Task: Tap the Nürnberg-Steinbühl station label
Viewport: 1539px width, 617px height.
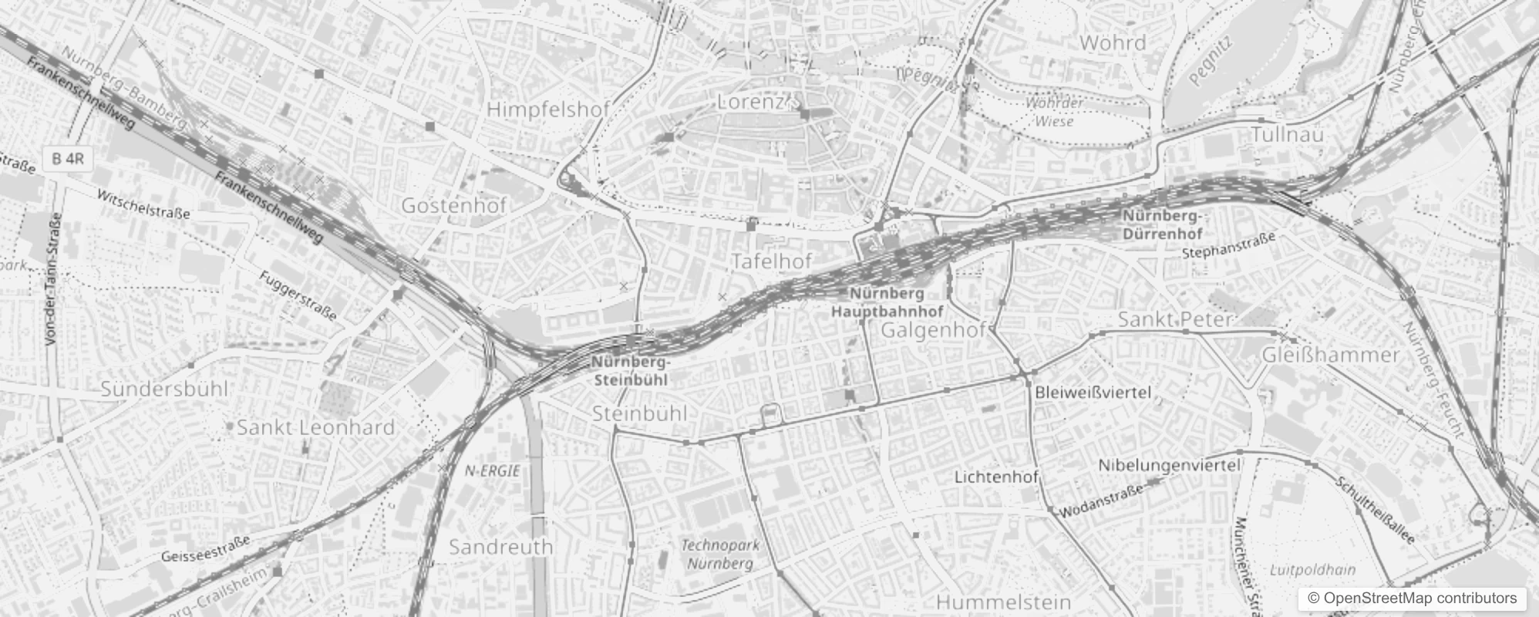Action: point(631,371)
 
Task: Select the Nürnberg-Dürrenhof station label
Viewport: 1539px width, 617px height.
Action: point(1162,224)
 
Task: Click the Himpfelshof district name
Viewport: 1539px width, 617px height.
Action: point(548,109)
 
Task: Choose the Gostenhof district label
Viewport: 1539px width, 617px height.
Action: point(453,205)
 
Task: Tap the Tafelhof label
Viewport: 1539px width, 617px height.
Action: point(772,261)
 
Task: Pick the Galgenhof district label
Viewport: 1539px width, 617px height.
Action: point(934,331)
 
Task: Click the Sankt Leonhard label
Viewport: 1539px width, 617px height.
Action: point(315,427)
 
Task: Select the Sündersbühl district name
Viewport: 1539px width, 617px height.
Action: point(164,388)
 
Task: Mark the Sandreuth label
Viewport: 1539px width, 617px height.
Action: point(500,547)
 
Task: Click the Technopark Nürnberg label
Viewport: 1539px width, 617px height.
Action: point(719,555)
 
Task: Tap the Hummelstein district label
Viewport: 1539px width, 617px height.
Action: point(1003,602)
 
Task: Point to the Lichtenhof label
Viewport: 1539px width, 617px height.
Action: point(996,477)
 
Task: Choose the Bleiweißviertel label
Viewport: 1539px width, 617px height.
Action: point(1093,393)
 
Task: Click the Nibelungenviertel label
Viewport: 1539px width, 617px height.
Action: point(1169,465)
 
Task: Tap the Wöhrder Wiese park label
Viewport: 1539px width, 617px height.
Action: point(1053,112)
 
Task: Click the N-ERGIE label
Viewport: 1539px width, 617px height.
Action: point(493,470)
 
